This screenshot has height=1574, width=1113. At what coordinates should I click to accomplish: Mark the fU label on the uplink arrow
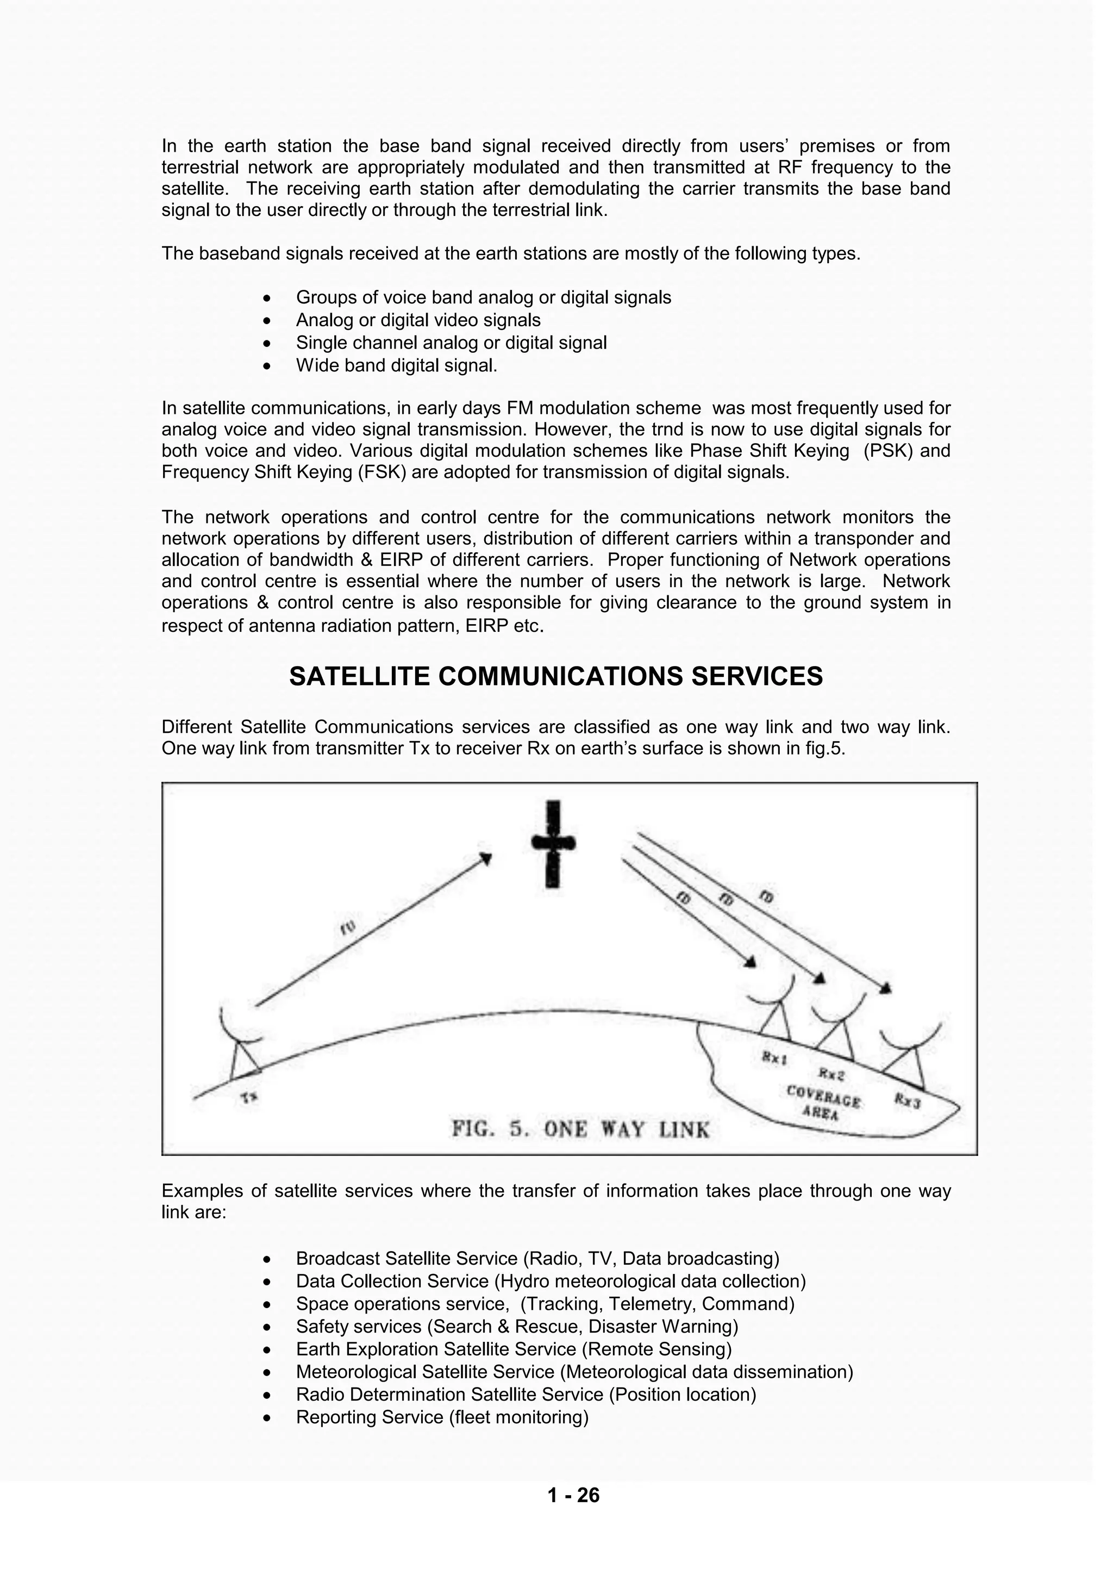point(349,928)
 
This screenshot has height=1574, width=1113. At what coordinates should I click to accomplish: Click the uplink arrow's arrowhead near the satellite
point(486,858)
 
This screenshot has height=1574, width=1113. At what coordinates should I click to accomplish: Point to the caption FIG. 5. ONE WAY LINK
point(580,1129)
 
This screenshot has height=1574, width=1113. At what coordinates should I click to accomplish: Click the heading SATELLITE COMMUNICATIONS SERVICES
point(556,676)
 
